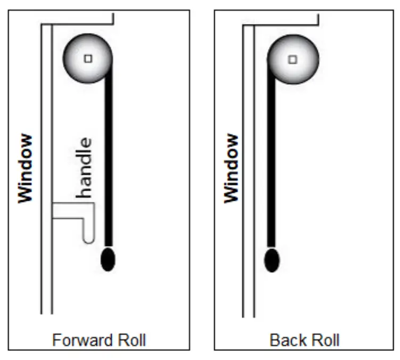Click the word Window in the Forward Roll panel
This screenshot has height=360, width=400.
point(25,168)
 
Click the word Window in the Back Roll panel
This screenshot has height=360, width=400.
point(231,168)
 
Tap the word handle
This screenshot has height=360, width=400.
point(85,167)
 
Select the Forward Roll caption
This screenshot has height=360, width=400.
point(99,340)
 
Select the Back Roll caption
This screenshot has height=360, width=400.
point(305,340)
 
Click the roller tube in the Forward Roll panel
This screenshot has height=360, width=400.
point(88,58)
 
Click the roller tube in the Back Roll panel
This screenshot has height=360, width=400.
point(292,59)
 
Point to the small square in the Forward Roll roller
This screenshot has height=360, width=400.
point(88,59)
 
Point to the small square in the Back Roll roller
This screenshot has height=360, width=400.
point(292,59)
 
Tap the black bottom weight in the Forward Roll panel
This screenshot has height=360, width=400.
point(108,259)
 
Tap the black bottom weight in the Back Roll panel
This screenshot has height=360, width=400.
point(272,260)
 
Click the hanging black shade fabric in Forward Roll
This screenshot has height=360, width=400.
point(109,160)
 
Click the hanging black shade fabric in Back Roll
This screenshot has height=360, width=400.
point(272,160)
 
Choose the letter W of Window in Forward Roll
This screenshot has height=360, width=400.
point(25,194)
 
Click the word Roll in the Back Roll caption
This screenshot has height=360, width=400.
point(326,340)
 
